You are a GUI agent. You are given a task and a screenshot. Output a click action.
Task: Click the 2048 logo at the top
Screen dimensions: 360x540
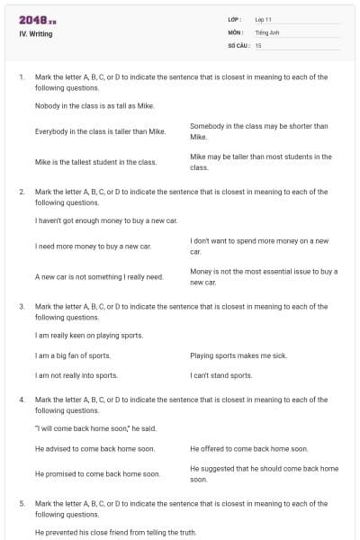38,19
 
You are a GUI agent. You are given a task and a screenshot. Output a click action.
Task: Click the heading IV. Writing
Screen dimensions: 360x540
36,34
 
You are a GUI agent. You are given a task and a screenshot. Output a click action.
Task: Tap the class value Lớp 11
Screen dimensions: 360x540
265,19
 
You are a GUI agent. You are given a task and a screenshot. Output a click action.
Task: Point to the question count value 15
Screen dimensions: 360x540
258,44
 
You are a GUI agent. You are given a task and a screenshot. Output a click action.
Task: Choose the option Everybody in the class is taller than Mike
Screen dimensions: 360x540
100,131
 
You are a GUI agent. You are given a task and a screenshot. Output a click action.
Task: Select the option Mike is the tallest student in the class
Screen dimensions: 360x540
95,162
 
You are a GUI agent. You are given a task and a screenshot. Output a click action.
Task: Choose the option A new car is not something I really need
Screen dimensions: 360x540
99,276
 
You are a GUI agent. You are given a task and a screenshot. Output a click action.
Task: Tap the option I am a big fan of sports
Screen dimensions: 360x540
73,355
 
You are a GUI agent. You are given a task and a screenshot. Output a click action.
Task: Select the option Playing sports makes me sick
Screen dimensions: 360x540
238,355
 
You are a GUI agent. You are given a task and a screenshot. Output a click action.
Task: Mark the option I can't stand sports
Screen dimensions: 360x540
221,375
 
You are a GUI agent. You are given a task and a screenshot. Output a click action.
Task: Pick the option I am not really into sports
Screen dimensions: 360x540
76,375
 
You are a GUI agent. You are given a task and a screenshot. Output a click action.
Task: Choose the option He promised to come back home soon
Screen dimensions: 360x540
97,473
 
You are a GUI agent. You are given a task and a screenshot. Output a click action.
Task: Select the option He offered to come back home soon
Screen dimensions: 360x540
248,448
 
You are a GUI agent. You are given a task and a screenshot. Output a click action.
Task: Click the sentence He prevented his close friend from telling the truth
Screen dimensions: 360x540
115,532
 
